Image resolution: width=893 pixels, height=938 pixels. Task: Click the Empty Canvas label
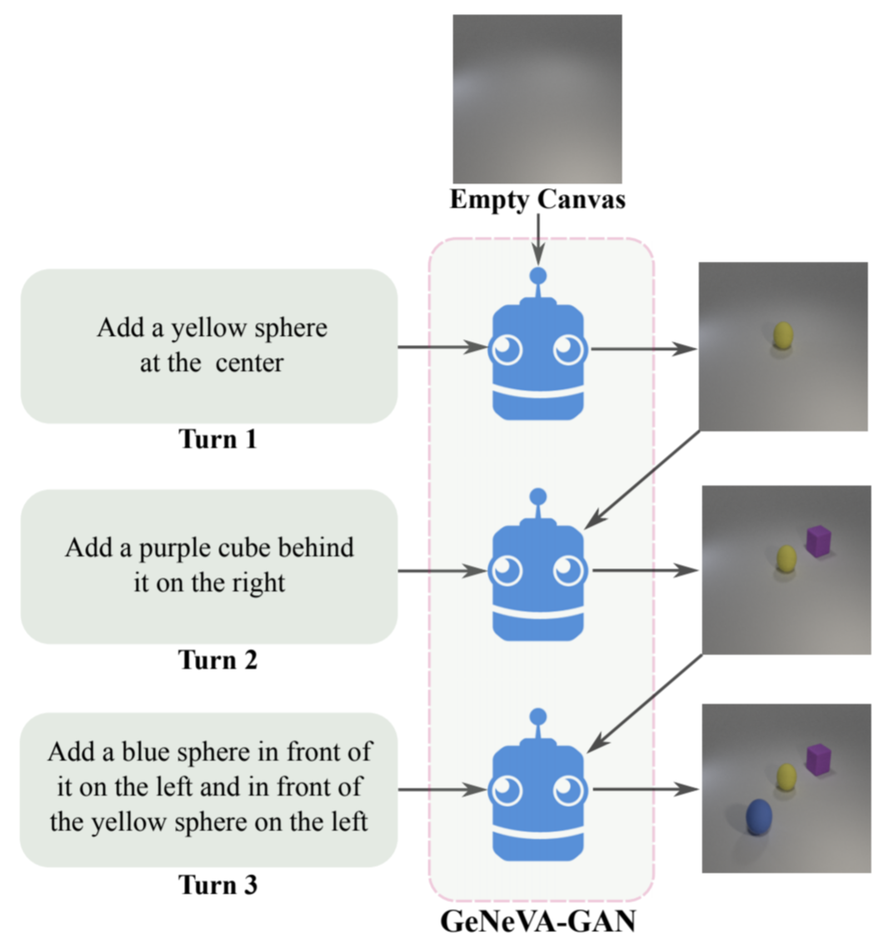pos(537,200)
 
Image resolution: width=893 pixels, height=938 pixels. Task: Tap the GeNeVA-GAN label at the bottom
pos(537,921)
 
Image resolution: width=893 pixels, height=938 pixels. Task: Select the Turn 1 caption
pos(218,439)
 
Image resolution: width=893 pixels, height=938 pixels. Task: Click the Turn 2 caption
pos(218,660)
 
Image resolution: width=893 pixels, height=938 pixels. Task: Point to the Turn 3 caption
pos(218,884)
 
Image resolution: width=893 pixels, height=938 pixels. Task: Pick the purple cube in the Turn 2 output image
pos(818,541)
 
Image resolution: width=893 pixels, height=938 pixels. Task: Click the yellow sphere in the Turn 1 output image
pos(783,336)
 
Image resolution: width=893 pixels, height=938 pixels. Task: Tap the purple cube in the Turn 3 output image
pos(819,759)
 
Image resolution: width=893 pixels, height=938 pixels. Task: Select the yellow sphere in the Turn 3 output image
pos(786,777)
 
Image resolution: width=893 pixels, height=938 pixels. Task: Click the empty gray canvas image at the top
pos(537,98)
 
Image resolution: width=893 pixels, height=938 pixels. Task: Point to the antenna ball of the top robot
pos(538,276)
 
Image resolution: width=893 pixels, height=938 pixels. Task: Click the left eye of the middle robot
pos(507,571)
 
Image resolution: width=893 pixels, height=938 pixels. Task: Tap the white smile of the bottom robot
pos(538,832)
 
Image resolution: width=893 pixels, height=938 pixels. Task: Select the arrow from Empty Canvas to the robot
pos(538,238)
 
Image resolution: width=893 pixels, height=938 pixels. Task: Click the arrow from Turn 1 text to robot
pos(442,347)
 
